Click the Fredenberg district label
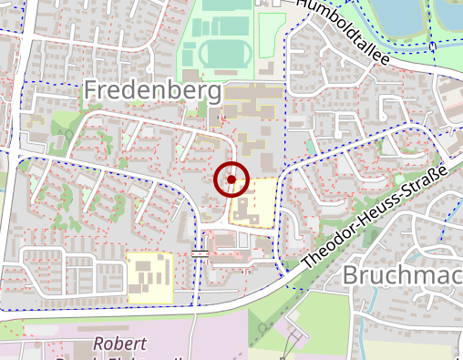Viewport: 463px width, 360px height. tap(152, 91)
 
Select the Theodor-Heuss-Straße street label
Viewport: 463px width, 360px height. tap(374, 217)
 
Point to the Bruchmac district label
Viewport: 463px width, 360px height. tap(402, 276)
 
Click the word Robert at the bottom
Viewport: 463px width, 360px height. tap(119, 345)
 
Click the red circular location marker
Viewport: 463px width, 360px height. tap(231, 180)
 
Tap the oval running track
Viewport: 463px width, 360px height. tap(222, 53)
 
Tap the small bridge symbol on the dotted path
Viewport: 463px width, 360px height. tap(200, 252)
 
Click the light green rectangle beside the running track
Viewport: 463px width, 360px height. tap(271, 36)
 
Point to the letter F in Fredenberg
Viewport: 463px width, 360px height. tap(91, 91)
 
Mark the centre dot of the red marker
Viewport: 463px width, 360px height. tap(231, 180)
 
